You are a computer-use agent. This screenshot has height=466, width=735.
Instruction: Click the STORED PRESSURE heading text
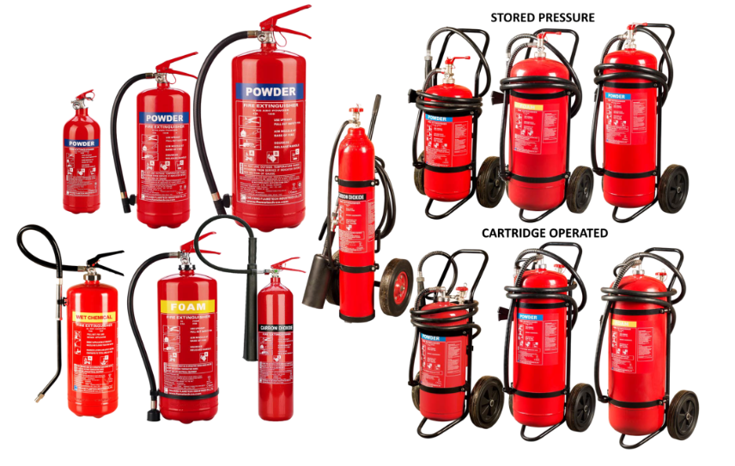(x=554, y=17)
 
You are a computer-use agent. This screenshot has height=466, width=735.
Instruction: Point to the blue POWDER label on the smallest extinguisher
(x=82, y=143)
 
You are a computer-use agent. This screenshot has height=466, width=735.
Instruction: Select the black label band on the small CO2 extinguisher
(x=276, y=328)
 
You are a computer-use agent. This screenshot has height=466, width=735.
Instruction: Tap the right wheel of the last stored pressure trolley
(x=673, y=188)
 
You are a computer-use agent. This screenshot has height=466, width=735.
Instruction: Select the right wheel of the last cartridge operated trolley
(x=683, y=415)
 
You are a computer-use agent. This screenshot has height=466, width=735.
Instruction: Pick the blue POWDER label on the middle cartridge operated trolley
(x=528, y=317)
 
